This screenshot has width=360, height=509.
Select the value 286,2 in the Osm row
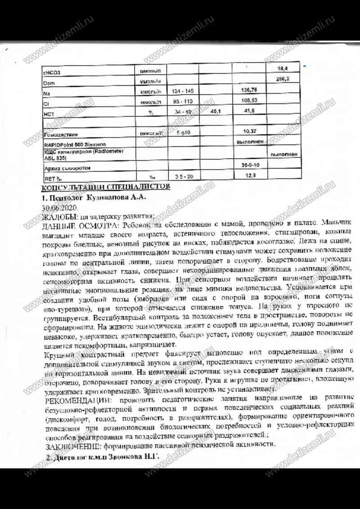[x=283, y=79]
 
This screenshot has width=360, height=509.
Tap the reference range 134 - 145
[x=183, y=92]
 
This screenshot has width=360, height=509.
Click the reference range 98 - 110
[x=183, y=102]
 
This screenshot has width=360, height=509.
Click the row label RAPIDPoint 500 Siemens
[x=75, y=144]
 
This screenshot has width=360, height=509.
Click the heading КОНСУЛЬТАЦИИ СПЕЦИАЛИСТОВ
[x=106, y=186]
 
